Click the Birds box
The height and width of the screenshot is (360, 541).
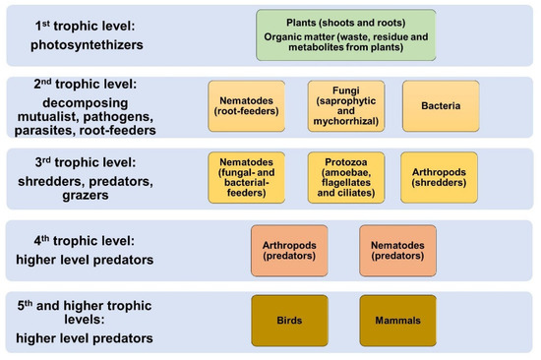click(x=290, y=320)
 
